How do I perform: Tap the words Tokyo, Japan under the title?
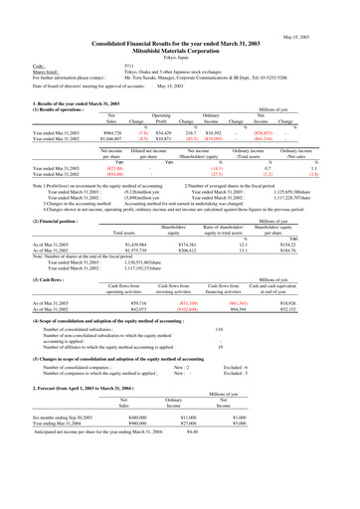[x=180, y=30]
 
